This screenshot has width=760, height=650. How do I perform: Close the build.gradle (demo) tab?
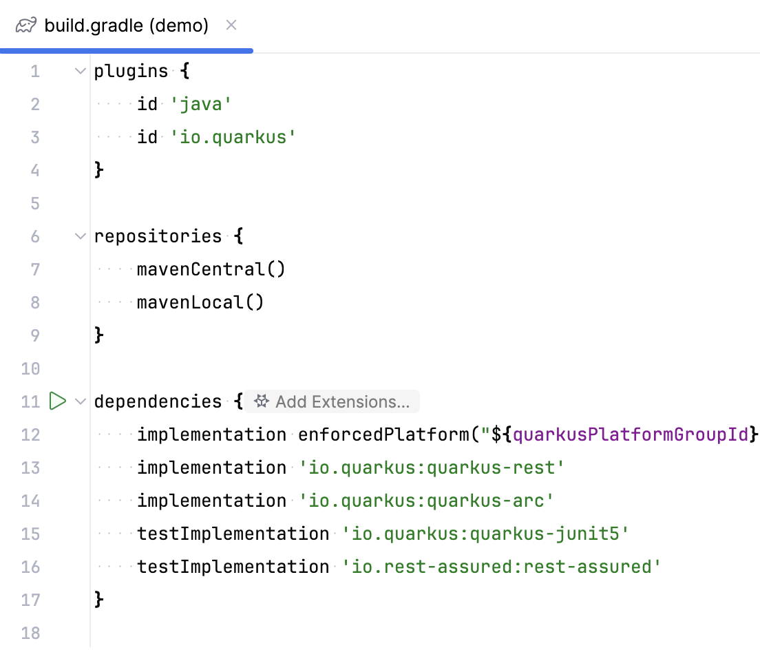point(231,25)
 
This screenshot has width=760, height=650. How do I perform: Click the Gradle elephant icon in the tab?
point(26,26)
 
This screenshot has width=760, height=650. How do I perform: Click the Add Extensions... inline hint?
point(334,401)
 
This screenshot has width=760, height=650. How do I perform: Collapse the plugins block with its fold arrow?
point(81,71)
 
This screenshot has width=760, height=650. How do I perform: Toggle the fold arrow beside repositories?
point(81,236)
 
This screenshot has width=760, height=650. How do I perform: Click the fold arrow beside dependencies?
point(81,401)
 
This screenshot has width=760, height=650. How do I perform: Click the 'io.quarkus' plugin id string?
point(233,137)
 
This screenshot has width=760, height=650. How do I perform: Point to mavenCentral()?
point(211,269)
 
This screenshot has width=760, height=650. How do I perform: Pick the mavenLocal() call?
point(200,302)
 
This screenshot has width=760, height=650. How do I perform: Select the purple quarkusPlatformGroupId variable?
point(630,434)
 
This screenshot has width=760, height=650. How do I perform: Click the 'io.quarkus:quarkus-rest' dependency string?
point(432,468)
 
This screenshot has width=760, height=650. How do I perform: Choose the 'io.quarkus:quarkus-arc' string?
point(426,501)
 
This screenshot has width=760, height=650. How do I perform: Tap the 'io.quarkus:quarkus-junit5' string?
point(485,534)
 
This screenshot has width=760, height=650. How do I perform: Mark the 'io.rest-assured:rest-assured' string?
point(501,567)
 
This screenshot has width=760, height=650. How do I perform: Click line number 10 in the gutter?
point(30,368)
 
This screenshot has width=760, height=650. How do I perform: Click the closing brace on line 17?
point(99,600)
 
